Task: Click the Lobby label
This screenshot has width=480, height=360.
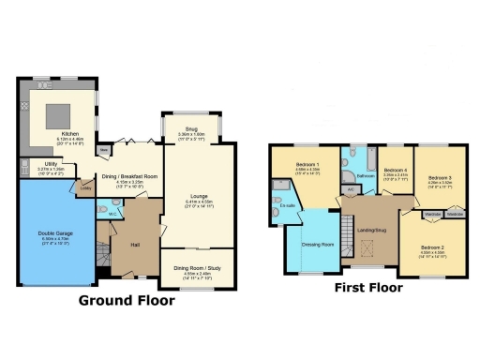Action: pyautogui.click(x=85, y=187)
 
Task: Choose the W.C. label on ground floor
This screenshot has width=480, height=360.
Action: pyautogui.click(x=112, y=214)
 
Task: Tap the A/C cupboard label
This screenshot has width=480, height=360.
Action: pyautogui.click(x=351, y=189)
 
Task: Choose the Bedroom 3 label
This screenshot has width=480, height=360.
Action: pyautogui.click(x=440, y=177)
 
